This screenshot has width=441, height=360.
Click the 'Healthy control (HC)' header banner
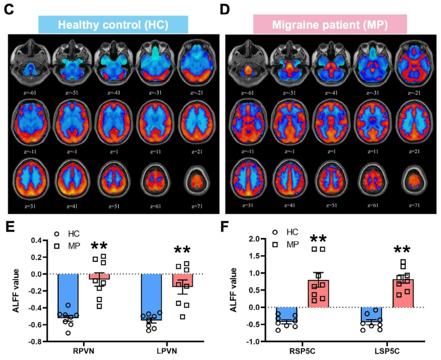coord(113,25)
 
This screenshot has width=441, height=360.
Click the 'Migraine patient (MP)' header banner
coord(330,25)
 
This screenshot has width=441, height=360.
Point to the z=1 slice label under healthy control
coord(114,152)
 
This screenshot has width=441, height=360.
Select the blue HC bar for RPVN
coord(68,296)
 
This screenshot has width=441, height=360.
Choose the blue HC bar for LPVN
coord(151,297)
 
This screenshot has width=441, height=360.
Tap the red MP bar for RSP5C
coord(318,294)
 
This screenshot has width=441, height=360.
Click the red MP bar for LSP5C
coord(403,294)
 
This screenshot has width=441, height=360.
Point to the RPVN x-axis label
coord(83,351)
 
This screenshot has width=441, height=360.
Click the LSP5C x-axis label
coord(387,351)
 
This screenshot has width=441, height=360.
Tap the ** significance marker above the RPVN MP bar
coord(99,246)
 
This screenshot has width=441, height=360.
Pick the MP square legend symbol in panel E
coord(57,246)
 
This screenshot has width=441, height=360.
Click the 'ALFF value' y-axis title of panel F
coord(233,290)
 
